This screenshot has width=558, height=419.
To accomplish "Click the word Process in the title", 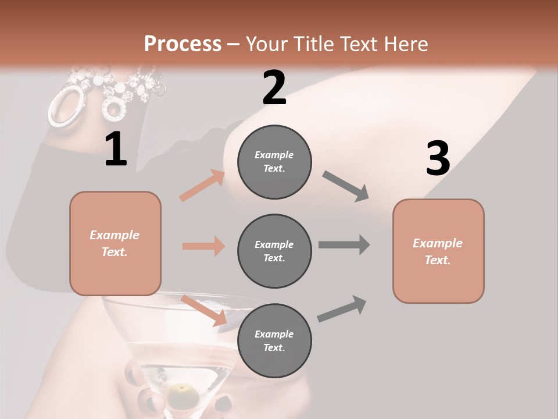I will coord(183,44).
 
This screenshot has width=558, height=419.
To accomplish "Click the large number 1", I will coord(116,150).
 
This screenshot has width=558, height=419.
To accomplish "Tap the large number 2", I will coord(274,88).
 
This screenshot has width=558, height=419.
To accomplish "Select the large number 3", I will coord(438,159).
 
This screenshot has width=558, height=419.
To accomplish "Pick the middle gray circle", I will coord(274,251).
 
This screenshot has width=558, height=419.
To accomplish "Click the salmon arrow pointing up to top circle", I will coord(203,186).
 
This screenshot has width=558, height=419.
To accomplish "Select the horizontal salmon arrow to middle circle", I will coord(203,246).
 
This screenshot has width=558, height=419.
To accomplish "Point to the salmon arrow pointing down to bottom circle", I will coord(204,310).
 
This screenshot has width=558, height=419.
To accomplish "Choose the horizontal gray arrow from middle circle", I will coord(344,244).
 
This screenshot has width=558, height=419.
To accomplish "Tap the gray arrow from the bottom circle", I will coord(342,309).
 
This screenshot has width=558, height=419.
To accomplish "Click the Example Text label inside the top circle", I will coord(274,162).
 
